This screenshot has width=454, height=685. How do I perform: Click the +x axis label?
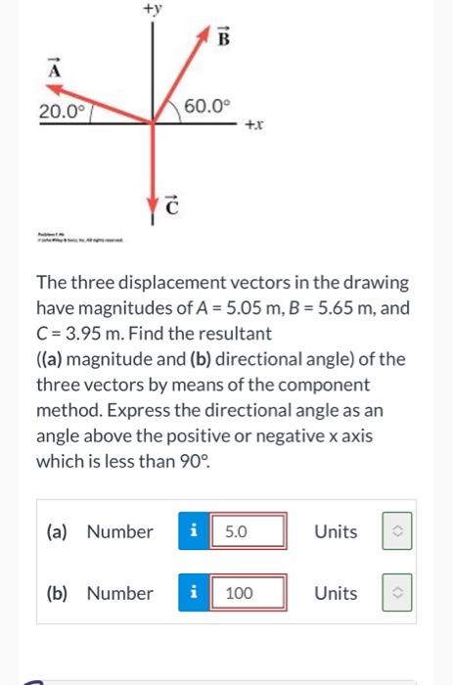coord(252,126)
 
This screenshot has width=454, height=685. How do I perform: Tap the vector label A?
coord(55,69)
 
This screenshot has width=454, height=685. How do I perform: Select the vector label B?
coord(223,39)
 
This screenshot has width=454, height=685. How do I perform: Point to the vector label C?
coord(172,205)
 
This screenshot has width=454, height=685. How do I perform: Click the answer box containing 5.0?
coord(250,532)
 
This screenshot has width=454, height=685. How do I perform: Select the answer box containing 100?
coord(250,593)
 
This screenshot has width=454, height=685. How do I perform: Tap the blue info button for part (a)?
coord(194,532)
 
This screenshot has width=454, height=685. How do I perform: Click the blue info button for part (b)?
coord(194,593)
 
